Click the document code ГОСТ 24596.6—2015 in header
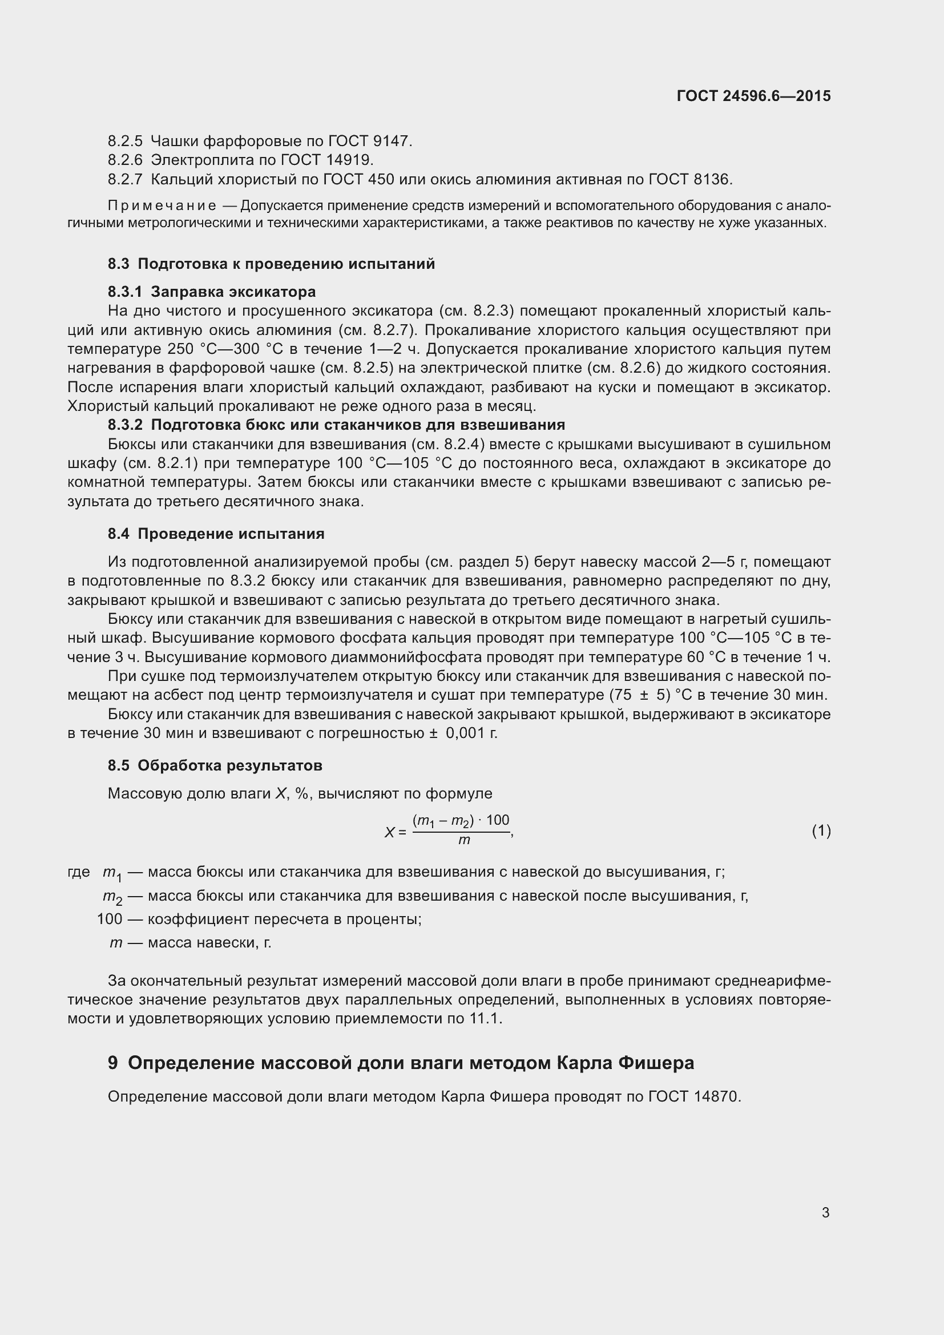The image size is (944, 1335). pos(753,96)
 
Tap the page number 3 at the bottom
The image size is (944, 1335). pos(825,1212)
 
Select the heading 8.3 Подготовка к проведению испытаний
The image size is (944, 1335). pos(271,264)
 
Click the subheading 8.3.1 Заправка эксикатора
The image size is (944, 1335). pos(212,291)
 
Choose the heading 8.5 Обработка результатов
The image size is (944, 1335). pos(215,765)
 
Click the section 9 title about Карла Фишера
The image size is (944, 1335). pos(401,1063)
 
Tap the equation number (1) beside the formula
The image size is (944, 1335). pos(821,831)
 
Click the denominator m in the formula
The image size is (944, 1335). pos(463,840)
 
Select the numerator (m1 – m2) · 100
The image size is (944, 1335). pos(461,820)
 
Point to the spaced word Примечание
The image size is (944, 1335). pos(162,206)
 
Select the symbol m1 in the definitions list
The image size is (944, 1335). pos(112,873)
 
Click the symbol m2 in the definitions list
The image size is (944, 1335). pos(112,897)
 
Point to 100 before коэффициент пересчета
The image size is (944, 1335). pos(109,919)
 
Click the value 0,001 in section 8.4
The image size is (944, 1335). pos(465,733)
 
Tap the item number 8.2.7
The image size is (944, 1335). pos(124,179)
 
